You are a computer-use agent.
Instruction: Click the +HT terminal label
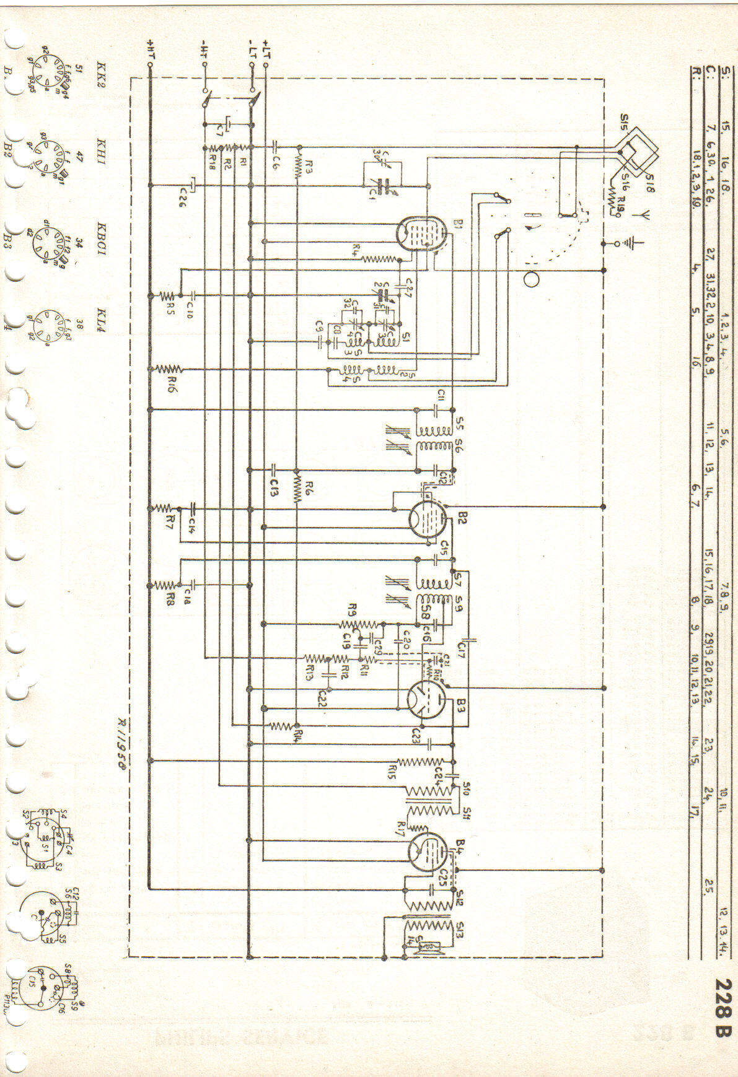click(151, 48)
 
